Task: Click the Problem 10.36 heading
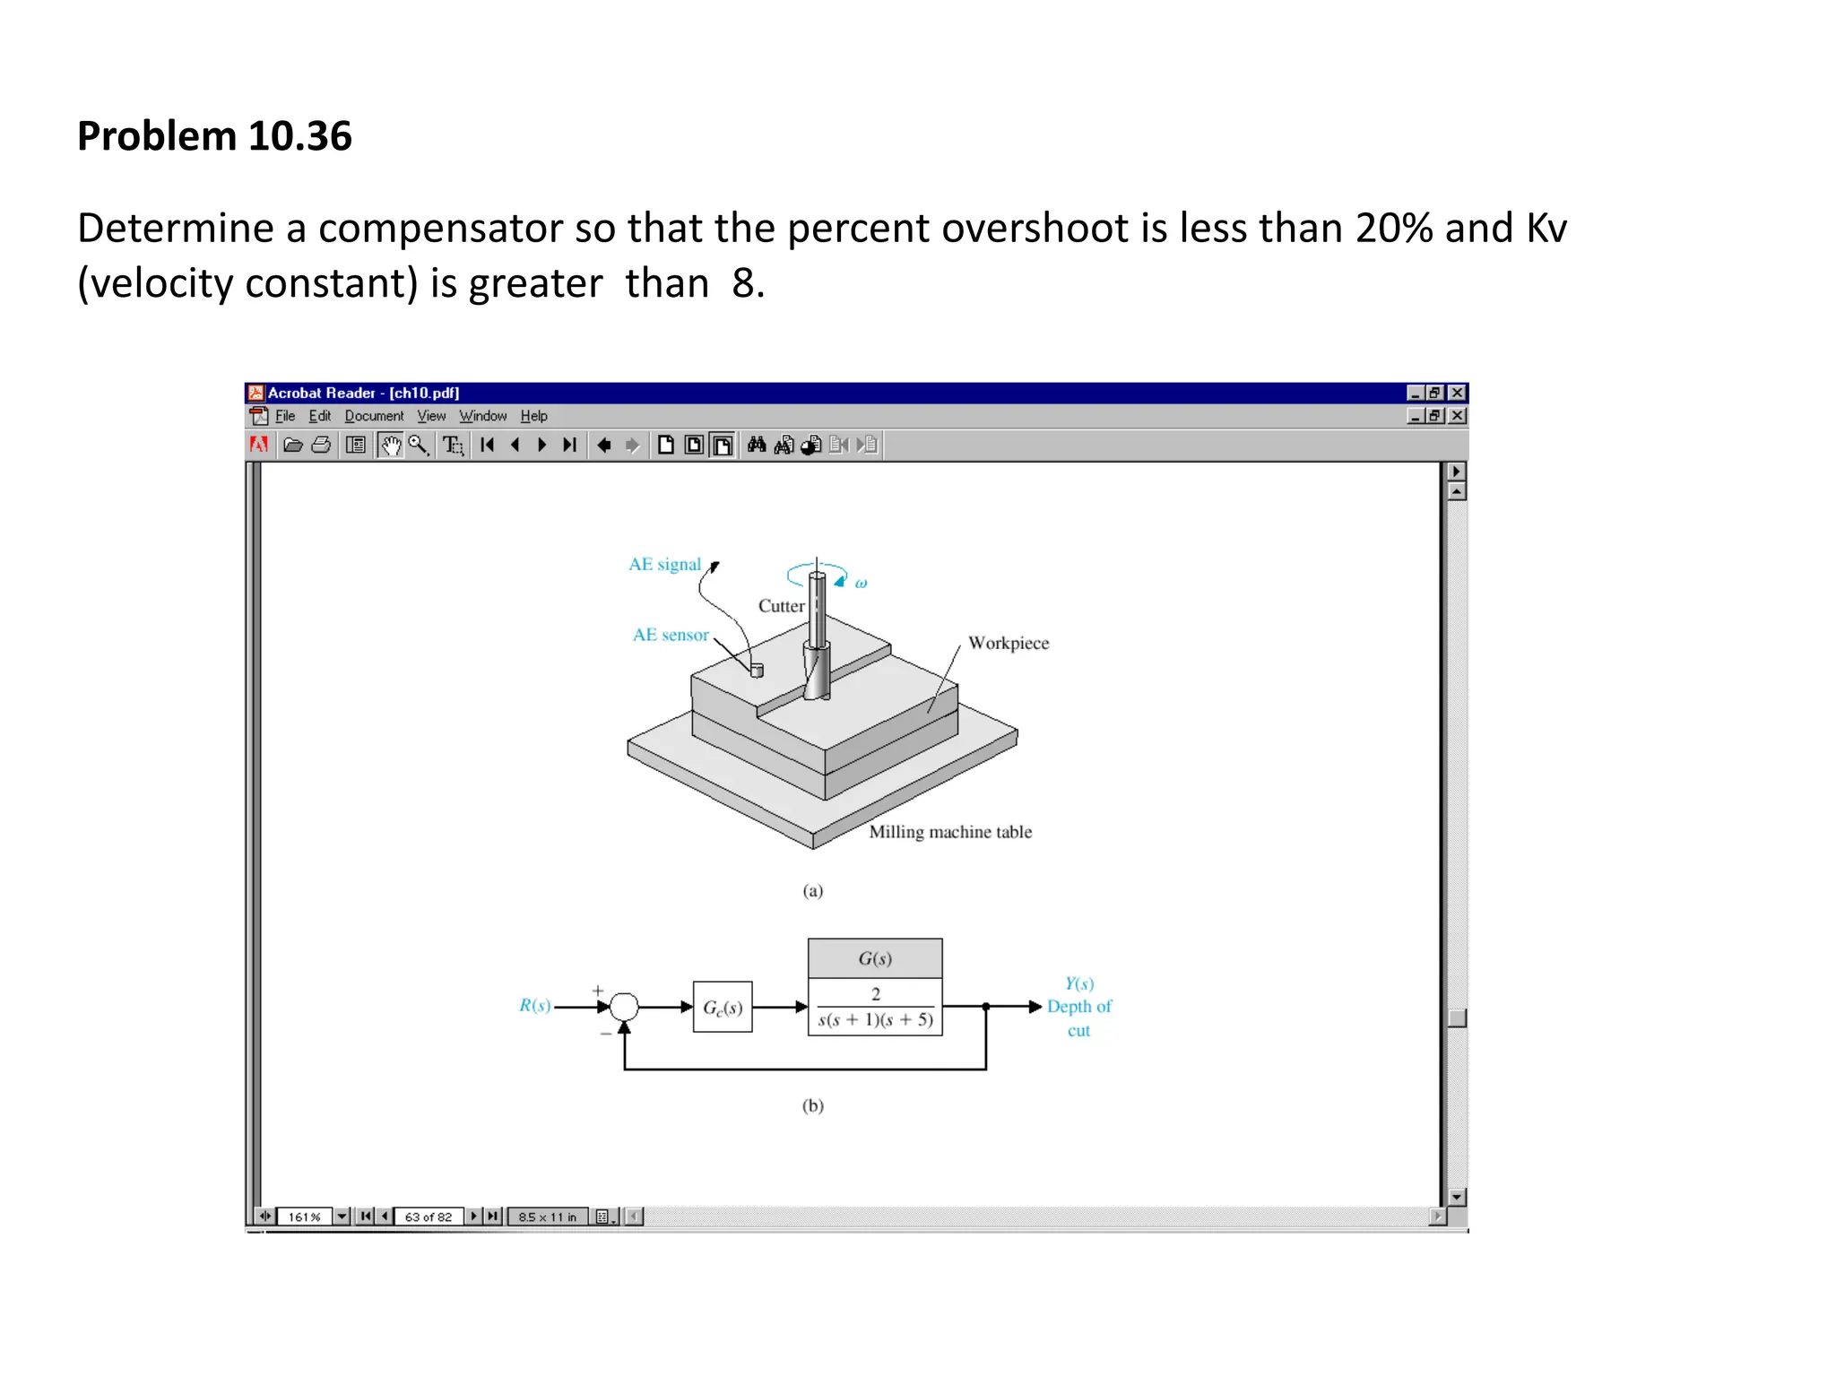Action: pos(214,136)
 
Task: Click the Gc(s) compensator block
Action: pos(723,1008)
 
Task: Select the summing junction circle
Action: pos(624,1007)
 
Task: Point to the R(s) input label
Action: pos(535,1006)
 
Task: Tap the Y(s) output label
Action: pos(1079,983)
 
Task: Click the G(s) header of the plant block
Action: pos(875,958)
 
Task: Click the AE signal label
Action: pos(664,564)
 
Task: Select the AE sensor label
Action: pos(671,635)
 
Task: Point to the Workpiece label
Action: pos(1009,643)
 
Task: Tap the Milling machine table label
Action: pos(950,832)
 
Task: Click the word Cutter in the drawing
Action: pos(782,606)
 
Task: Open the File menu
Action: pos(285,416)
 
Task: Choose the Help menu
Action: pos(533,416)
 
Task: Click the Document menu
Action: pos(374,416)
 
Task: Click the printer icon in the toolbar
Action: pos(321,446)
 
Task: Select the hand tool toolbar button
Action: pos(390,446)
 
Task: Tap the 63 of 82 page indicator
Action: pos(429,1217)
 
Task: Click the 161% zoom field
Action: pos(304,1217)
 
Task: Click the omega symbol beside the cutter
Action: pos(861,584)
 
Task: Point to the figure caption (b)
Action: pos(813,1105)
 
